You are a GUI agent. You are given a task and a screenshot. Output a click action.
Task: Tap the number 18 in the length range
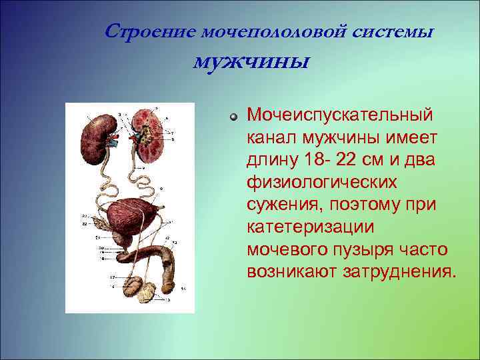[315, 159]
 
